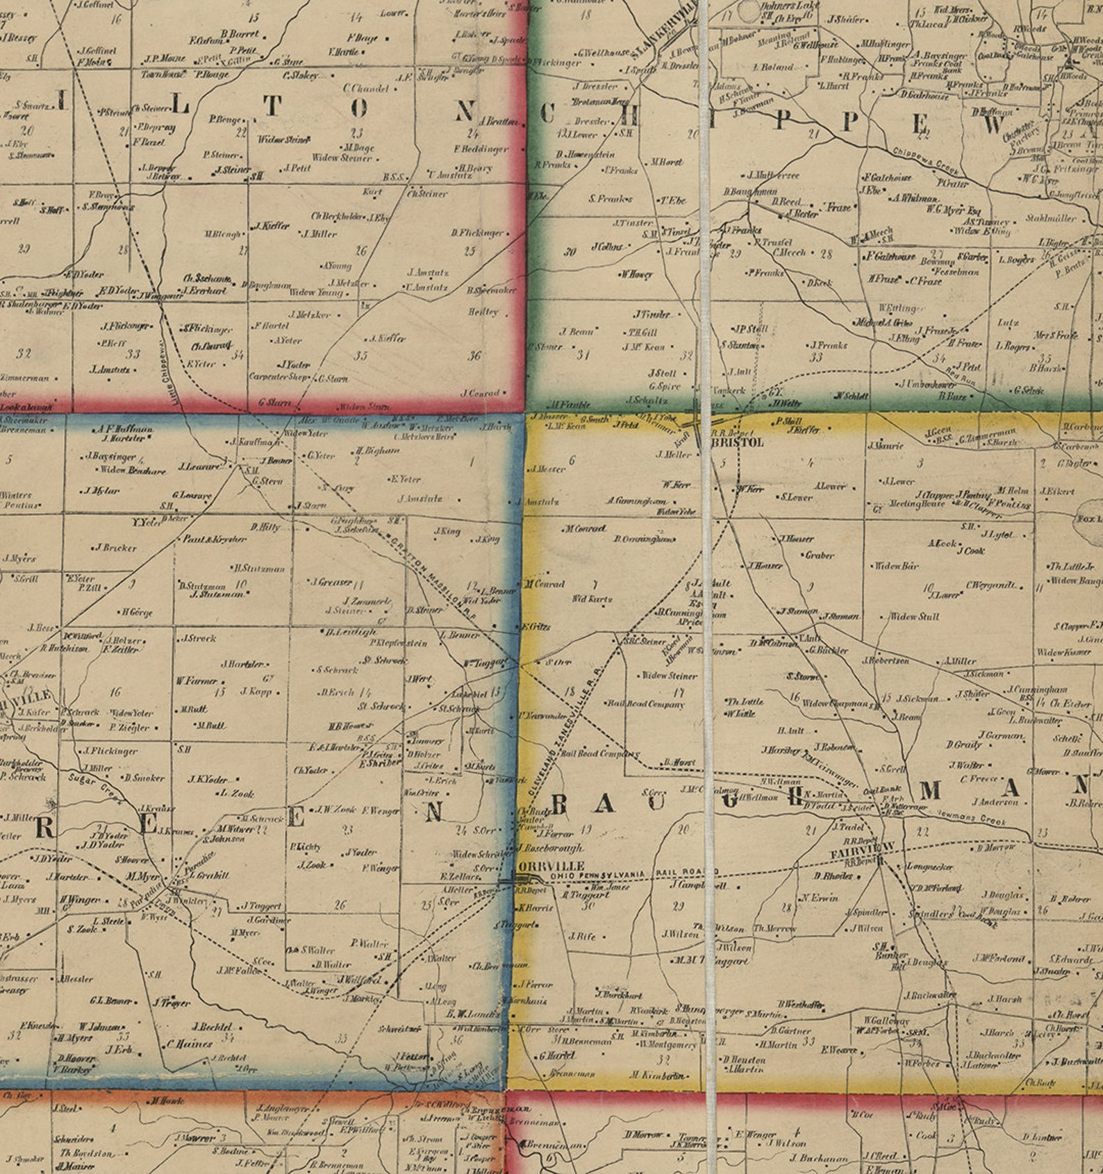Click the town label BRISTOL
pyautogui.click(x=738, y=442)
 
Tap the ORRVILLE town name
pyautogui.click(x=551, y=866)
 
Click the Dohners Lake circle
pyautogui.click(x=749, y=10)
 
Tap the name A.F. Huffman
pyautogui.click(x=126, y=429)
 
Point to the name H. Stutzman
pyautogui.click(x=259, y=569)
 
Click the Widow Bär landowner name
pyautogui.click(x=896, y=566)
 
